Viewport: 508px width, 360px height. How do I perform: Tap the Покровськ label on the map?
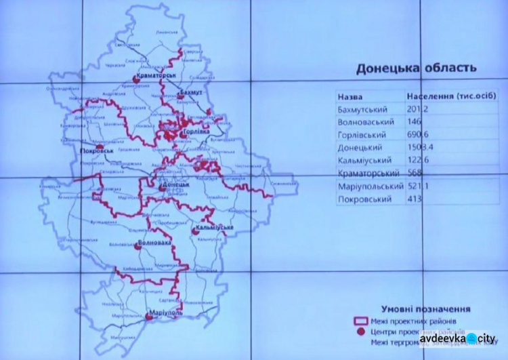click(x=96, y=151)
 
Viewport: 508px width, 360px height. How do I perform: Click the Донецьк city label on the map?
click(x=175, y=184)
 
